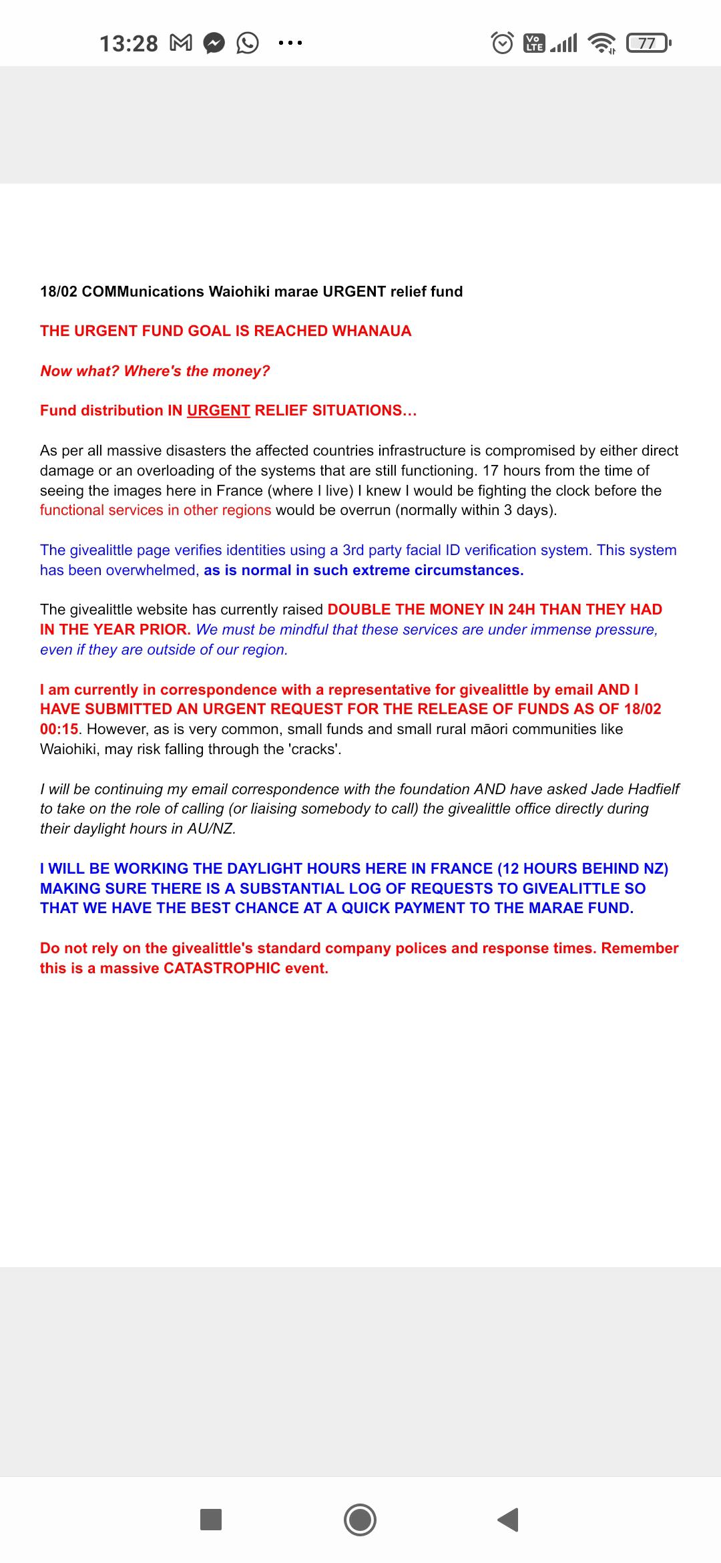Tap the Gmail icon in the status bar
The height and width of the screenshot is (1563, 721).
(x=181, y=43)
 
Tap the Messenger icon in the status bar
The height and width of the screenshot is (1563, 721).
(x=214, y=43)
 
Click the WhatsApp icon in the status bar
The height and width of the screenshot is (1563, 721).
(x=248, y=43)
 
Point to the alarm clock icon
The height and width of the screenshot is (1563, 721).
(x=502, y=43)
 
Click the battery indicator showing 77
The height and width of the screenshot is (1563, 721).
(x=648, y=43)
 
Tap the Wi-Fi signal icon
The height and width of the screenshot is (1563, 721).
(x=602, y=43)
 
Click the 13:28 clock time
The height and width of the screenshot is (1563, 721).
(x=128, y=43)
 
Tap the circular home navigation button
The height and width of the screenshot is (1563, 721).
(x=360, y=1520)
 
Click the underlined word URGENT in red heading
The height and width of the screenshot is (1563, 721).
(x=218, y=410)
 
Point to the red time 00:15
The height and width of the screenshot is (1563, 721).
(x=59, y=729)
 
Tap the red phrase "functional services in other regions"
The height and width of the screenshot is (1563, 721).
(x=156, y=510)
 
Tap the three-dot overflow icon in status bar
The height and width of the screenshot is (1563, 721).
(x=290, y=43)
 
